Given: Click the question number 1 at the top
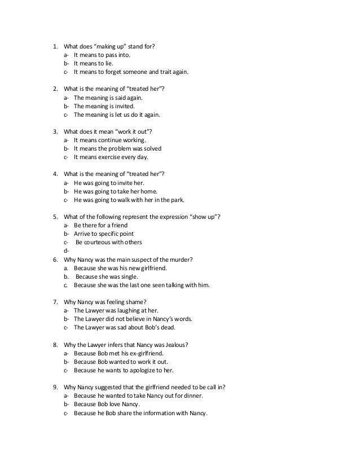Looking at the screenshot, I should [x=55, y=46].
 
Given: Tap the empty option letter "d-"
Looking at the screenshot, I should [x=67, y=250].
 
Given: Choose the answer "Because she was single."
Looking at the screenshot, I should [x=107, y=276].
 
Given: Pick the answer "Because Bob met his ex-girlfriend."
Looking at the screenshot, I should [x=122, y=353].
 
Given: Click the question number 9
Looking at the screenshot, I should [x=55, y=387].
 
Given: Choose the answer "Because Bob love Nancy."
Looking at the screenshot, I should [x=107, y=404].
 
